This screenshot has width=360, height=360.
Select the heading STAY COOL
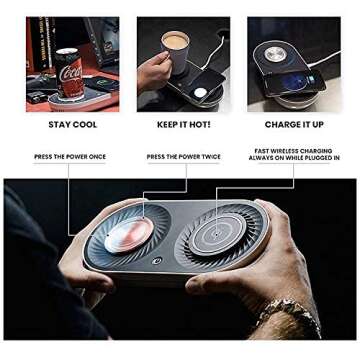tap(72, 124)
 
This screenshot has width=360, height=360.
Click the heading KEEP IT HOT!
tap(183, 124)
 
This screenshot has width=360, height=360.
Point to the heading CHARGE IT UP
tap(294, 124)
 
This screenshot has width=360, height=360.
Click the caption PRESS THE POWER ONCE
tap(70, 157)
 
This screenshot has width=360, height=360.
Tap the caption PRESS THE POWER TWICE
tap(183, 157)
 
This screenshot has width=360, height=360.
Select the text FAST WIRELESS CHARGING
tap(294, 151)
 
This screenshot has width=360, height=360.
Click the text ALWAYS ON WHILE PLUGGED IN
tap(294, 158)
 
